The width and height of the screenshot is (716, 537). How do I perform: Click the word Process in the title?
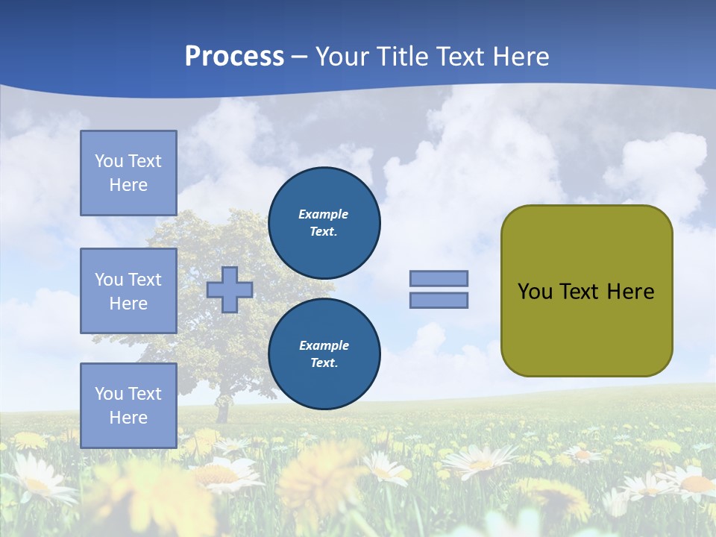point(234,57)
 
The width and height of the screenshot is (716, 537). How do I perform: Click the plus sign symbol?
point(230,289)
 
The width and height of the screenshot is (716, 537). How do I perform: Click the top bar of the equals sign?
point(439,278)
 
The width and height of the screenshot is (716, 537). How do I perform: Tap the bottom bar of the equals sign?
point(439,301)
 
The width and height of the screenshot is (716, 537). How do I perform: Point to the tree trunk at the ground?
point(222,412)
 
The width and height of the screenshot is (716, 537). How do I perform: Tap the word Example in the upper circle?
point(323,214)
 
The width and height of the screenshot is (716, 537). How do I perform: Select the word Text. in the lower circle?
point(324,363)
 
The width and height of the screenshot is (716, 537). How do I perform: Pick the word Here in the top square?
point(128,185)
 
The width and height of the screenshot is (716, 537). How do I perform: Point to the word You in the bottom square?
point(108,394)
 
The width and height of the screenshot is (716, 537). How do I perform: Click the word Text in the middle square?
point(145,280)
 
